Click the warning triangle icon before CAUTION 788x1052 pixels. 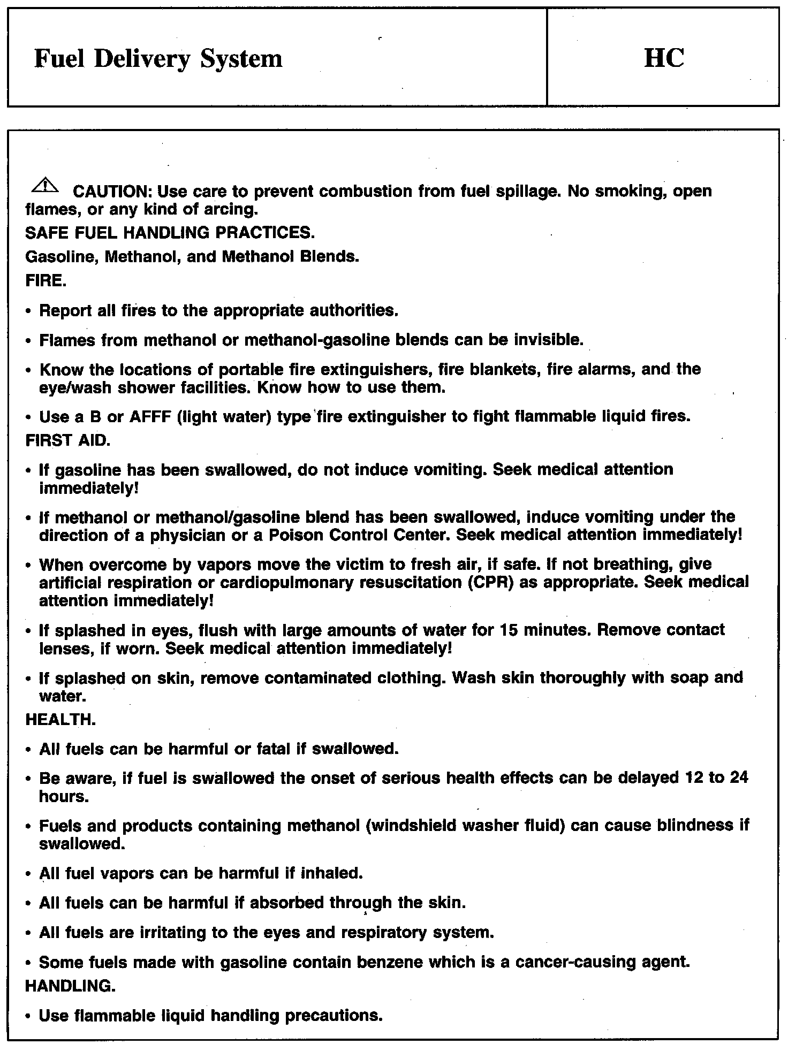pos(46,185)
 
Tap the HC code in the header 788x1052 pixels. pos(664,58)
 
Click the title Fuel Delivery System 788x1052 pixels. pos(158,59)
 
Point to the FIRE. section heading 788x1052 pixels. pos(46,281)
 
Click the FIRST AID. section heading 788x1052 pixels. pos(68,440)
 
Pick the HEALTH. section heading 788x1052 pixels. pos(60,720)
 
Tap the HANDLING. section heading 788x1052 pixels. pos(70,986)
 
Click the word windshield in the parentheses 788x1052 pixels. pos(411,826)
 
